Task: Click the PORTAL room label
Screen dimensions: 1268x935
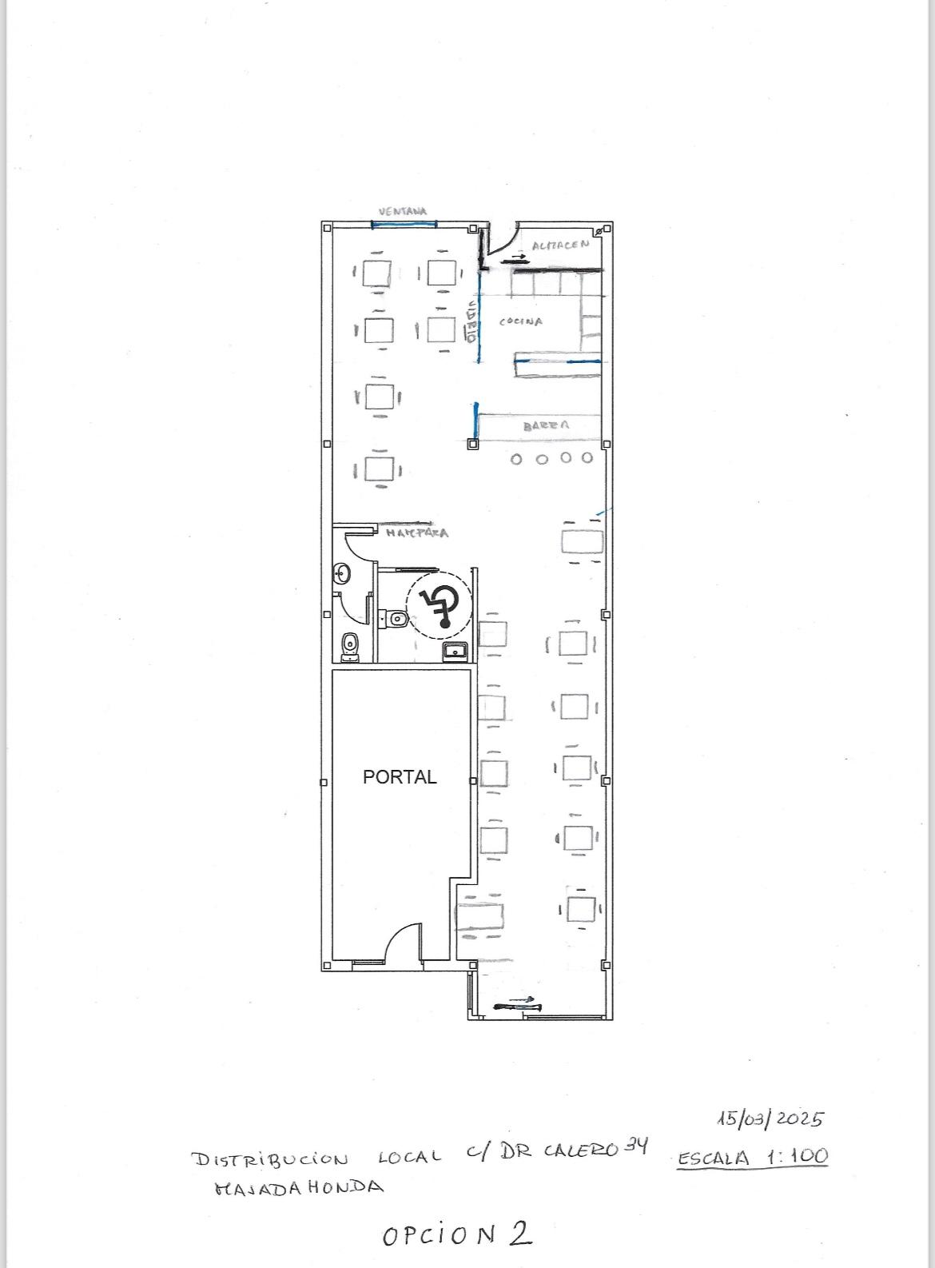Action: point(400,777)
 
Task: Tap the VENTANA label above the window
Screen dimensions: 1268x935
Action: point(403,212)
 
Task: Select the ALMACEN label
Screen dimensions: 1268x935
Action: point(560,245)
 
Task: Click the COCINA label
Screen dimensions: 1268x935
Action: point(521,321)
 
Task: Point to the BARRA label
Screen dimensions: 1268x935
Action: point(547,426)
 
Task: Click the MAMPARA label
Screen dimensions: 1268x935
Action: point(416,532)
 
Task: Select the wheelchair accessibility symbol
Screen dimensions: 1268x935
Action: point(438,606)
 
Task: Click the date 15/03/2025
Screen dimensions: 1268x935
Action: point(770,1118)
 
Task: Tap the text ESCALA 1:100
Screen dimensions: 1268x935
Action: point(752,1157)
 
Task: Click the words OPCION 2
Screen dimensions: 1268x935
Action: point(457,1234)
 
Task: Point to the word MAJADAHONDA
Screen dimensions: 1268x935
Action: point(299,1187)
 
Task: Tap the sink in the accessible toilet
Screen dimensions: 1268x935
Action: point(456,651)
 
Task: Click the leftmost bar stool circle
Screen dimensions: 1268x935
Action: point(516,459)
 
